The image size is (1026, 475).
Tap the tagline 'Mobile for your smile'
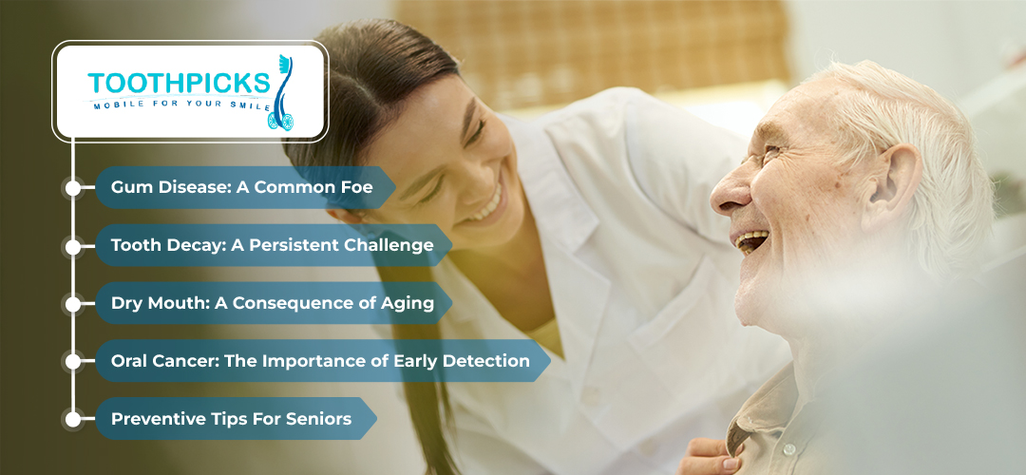coord(182,104)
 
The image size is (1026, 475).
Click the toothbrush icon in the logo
coord(282,92)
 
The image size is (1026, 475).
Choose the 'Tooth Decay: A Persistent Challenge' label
coord(272,245)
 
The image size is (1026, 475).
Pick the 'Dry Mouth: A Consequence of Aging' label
coord(272,303)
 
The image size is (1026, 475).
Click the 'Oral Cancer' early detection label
coord(320,361)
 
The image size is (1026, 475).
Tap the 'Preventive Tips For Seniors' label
coord(231,418)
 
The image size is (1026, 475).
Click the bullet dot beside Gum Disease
coord(72,188)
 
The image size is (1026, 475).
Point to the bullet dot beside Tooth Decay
coord(72,246)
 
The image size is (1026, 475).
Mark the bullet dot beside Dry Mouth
coord(72,304)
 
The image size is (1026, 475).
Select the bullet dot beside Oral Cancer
coord(72,362)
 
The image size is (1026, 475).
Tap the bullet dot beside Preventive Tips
coord(72,419)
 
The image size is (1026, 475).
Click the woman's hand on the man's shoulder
coord(707,454)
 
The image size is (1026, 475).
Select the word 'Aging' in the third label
coord(408,303)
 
